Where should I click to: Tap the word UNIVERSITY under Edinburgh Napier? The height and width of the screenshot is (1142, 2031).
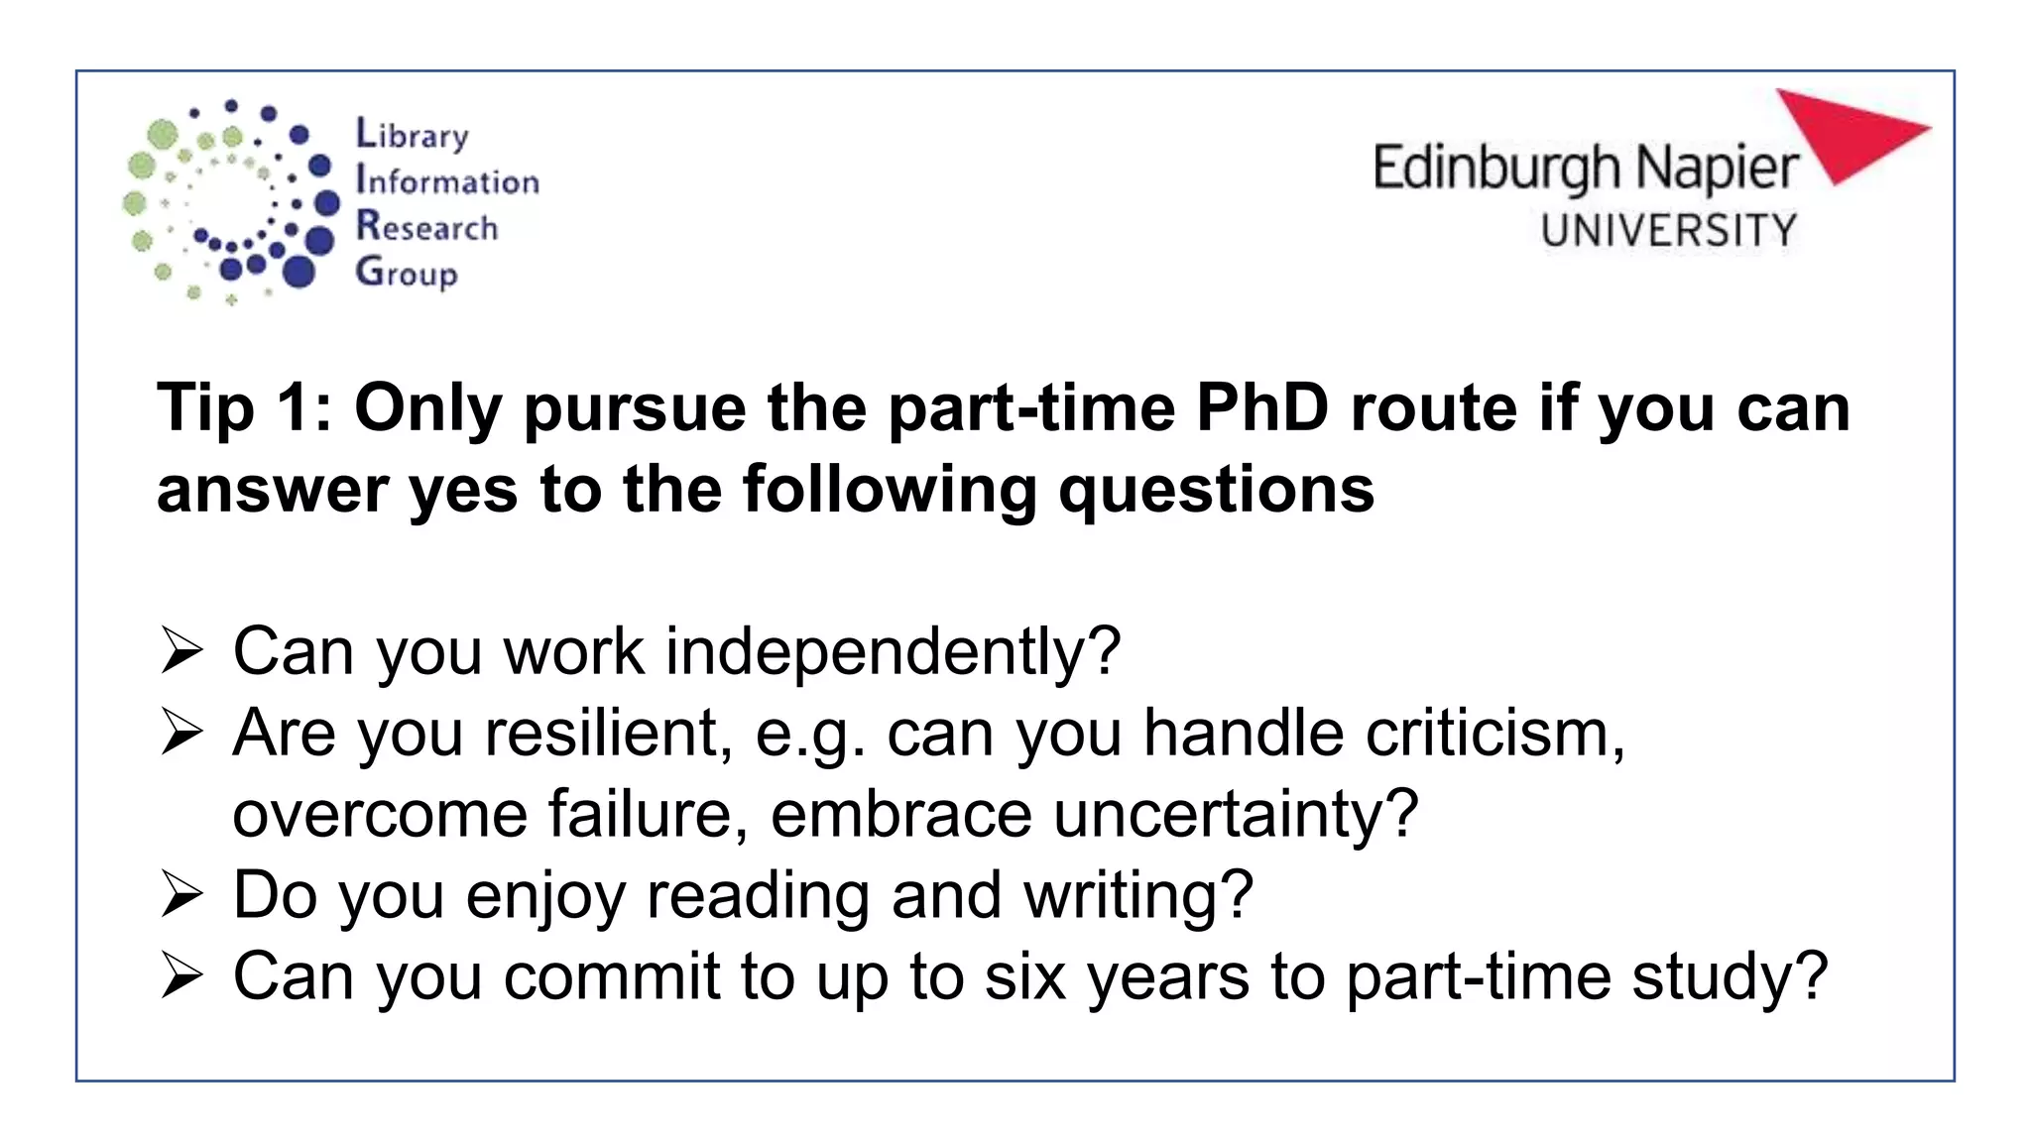[1668, 230]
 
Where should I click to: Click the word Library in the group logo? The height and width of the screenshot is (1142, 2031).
[412, 134]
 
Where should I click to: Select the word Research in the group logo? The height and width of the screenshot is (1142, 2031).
[426, 227]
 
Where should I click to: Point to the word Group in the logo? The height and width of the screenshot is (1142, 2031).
[407, 273]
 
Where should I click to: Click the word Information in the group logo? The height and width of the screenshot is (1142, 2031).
[447, 180]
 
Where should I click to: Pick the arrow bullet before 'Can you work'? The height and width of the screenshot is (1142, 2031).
[181, 652]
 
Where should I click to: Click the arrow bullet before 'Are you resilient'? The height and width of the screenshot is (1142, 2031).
[181, 734]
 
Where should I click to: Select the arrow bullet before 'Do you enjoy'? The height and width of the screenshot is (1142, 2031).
[181, 896]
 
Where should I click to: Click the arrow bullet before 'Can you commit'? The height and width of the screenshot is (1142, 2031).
[181, 977]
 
